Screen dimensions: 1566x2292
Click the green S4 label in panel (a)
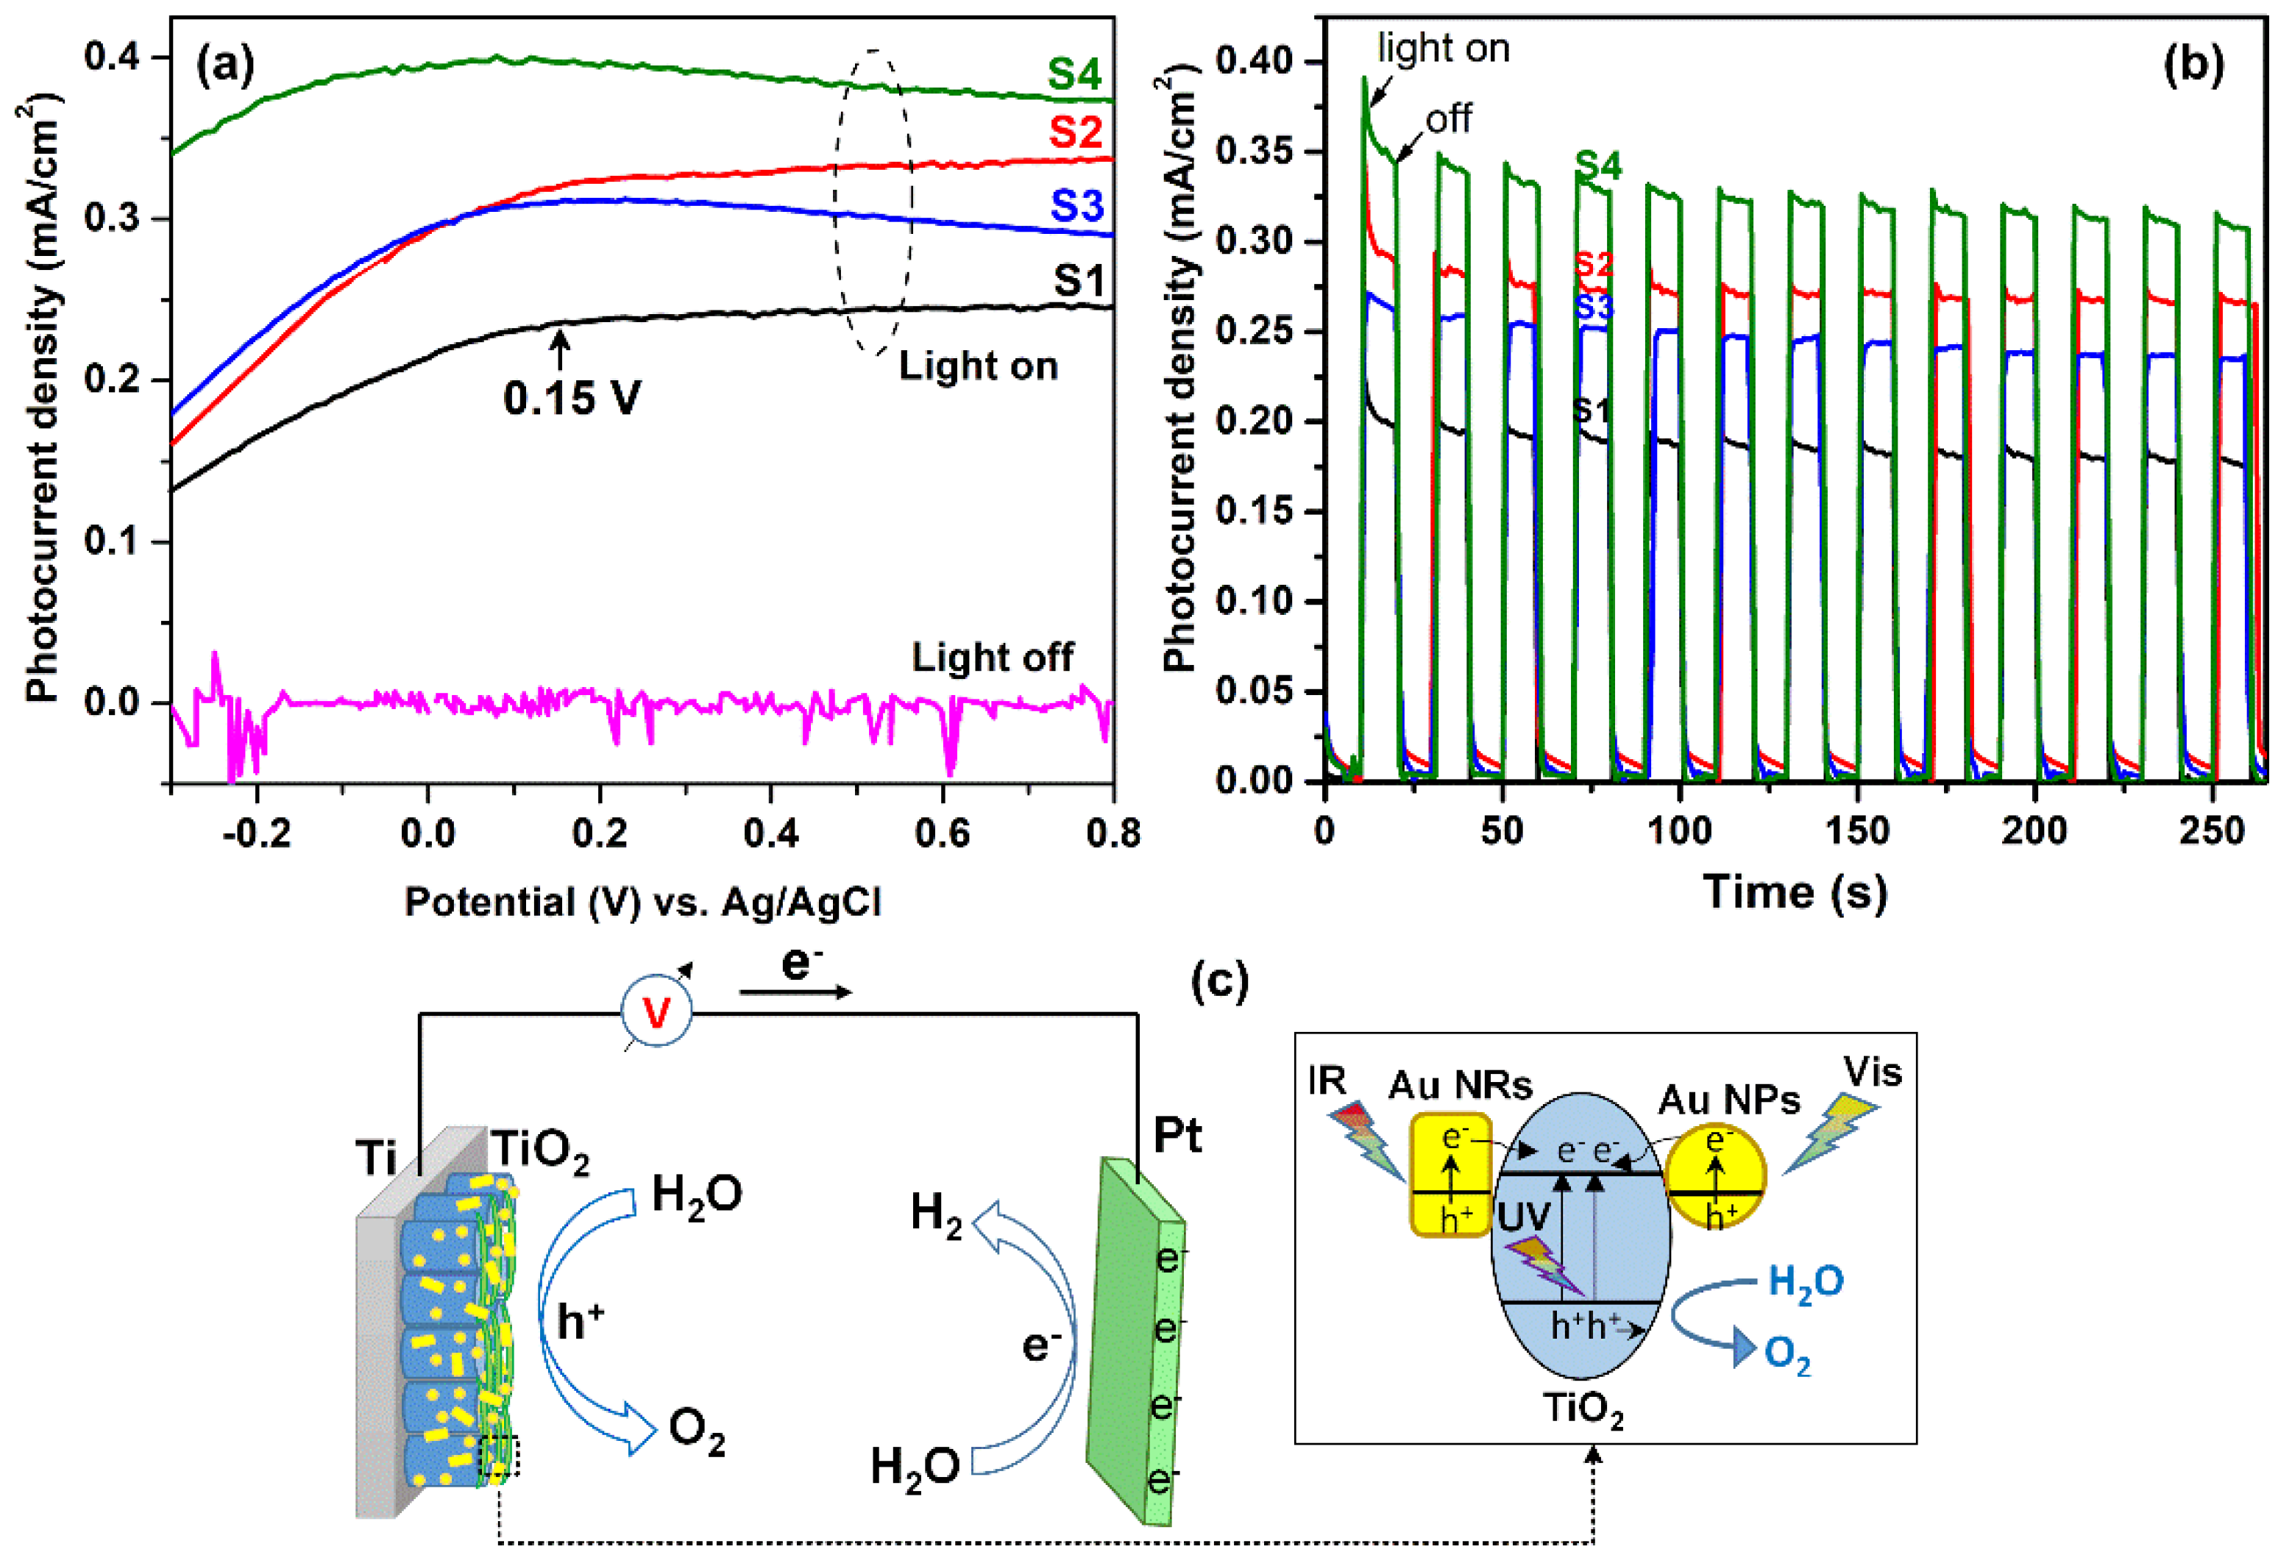coord(1074,75)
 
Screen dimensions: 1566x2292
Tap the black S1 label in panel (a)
coord(1079,282)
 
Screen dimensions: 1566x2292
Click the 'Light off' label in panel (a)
coord(991,658)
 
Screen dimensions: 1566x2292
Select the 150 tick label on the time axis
coord(1857,831)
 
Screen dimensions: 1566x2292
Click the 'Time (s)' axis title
coord(1795,892)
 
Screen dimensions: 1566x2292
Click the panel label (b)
coord(2193,65)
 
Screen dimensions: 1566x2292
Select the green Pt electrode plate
coord(1134,1341)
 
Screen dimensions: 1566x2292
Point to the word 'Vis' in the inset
coord(1872,1073)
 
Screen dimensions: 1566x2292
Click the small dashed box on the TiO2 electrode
coord(499,1456)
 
